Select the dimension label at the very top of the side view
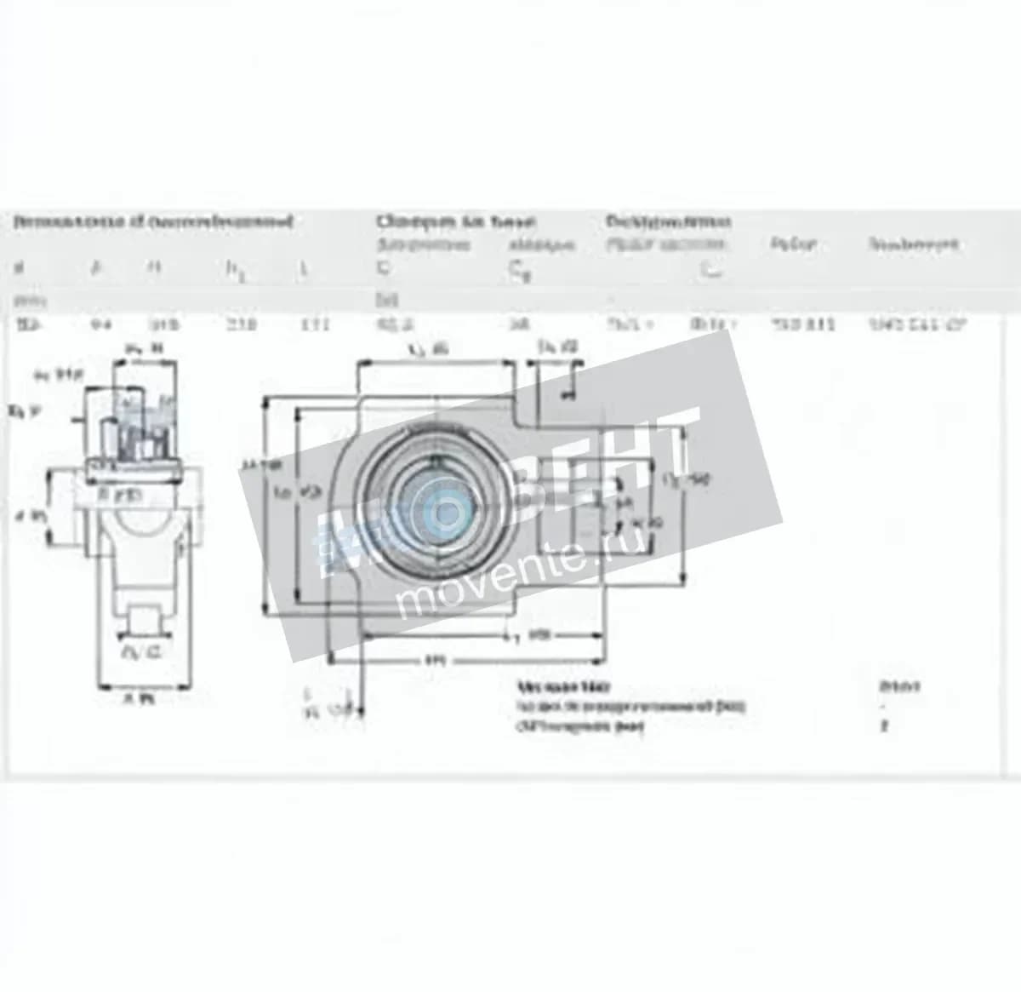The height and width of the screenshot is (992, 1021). click(145, 347)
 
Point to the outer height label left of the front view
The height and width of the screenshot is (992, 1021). click(249, 465)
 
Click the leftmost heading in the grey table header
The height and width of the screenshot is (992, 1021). click(153, 221)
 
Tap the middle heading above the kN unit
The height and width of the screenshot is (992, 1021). click(456, 221)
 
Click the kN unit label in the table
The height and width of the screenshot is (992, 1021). click(387, 300)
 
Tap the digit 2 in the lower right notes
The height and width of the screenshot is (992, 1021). click(885, 726)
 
